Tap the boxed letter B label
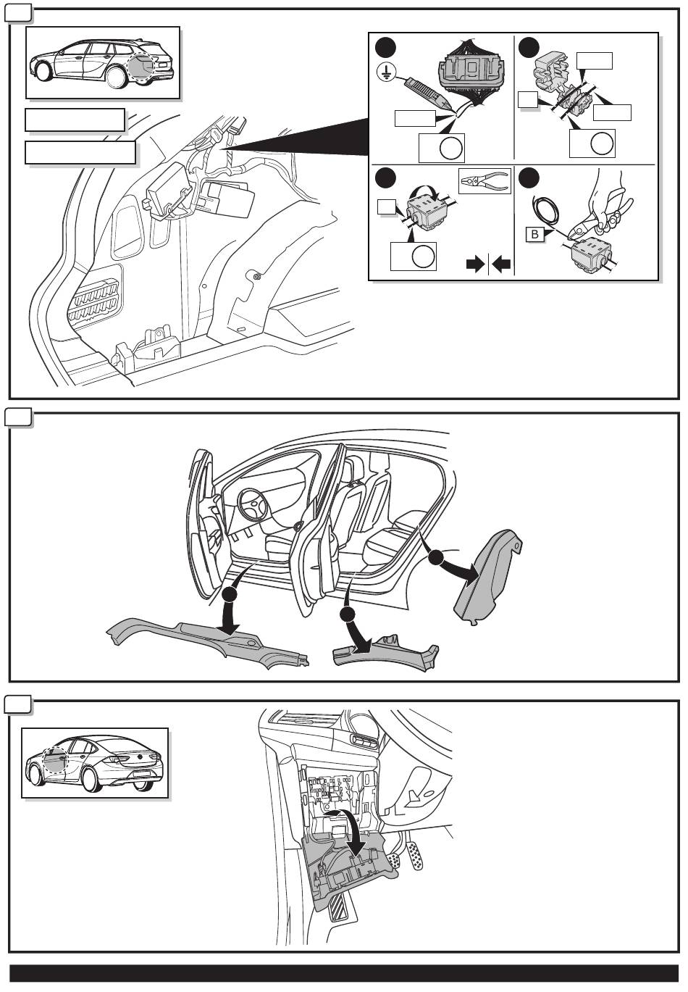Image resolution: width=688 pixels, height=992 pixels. (x=534, y=234)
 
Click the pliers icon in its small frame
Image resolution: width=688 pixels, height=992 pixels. (x=484, y=181)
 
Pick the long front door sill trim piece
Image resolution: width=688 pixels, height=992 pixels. (x=210, y=639)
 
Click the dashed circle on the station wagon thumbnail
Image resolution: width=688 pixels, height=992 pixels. (x=146, y=66)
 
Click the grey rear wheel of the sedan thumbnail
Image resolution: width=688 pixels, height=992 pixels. (x=91, y=779)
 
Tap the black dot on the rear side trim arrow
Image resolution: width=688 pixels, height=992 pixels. (x=435, y=558)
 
